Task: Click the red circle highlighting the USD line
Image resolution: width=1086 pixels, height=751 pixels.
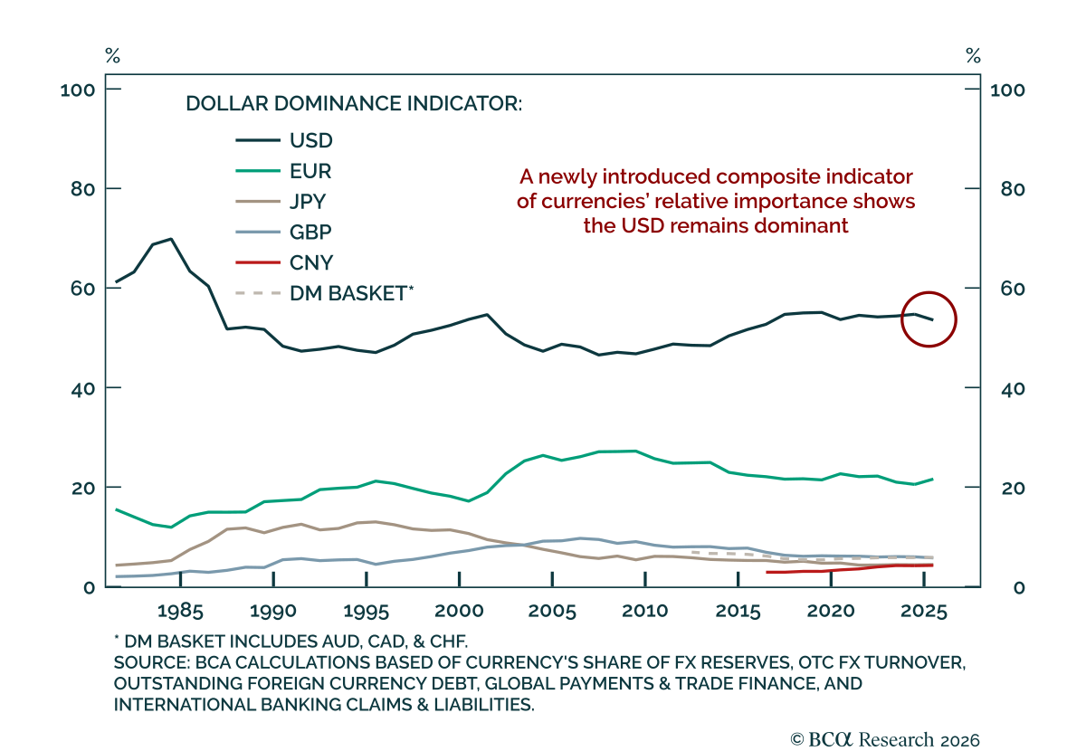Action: tap(929, 319)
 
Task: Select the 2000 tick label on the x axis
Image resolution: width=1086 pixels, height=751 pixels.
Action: tap(460, 610)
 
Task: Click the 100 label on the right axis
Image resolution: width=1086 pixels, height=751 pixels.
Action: tap(1007, 90)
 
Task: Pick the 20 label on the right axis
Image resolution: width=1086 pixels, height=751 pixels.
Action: tap(1003, 488)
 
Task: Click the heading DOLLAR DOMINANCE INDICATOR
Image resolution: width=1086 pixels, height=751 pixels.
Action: tap(354, 103)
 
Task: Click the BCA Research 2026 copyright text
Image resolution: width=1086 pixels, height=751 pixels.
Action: tap(884, 739)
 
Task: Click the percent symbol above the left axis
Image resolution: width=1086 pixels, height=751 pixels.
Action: tap(112, 56)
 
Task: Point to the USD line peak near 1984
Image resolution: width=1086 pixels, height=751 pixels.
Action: tap(171, 239)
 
